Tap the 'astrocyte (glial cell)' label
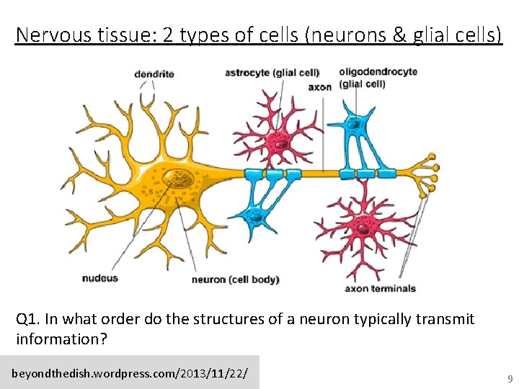(x=272, y=72)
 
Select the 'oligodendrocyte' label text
(x=378, y=72)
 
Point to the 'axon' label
(x=319, y=87)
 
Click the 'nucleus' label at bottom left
(x=99, y=278)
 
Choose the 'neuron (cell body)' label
(x=235, y=280)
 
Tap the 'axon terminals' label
(x=380, y=288)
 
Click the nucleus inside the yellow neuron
(x=175, y=178)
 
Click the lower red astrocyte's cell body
(x=365, y=228)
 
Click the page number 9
(x=510, y=378)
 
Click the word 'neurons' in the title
(x=348, y=35)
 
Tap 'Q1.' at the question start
(x=27, y=319)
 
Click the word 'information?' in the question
(x=61, y=339)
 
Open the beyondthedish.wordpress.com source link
(x=130, y=374)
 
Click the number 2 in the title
(x=168, y=35)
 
